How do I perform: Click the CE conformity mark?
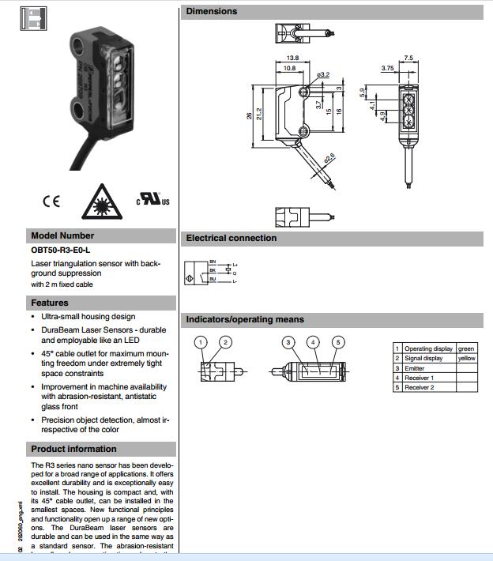click(x=51, y=201)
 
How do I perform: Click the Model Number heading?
click(x=62, y=235)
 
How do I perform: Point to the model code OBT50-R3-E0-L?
click(x=61, y=250)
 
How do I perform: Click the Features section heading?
click(x=50, y=303)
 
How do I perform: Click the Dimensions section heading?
click(x=212, y=11)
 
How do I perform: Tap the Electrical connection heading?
click(x=231, y=238)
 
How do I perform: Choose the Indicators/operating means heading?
click(x=245, y=320)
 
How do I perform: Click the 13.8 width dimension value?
click(x=292, y=58)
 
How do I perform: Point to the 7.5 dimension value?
click(x=408, y=58)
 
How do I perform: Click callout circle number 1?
click(x=201, y=342)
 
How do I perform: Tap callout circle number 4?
click(x=314, y=342)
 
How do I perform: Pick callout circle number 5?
click(x=338, y=342)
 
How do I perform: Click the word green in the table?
click(x=466, y=348)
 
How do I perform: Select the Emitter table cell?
click(x=416, y=368)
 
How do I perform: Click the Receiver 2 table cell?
click(x=419, y=387)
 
